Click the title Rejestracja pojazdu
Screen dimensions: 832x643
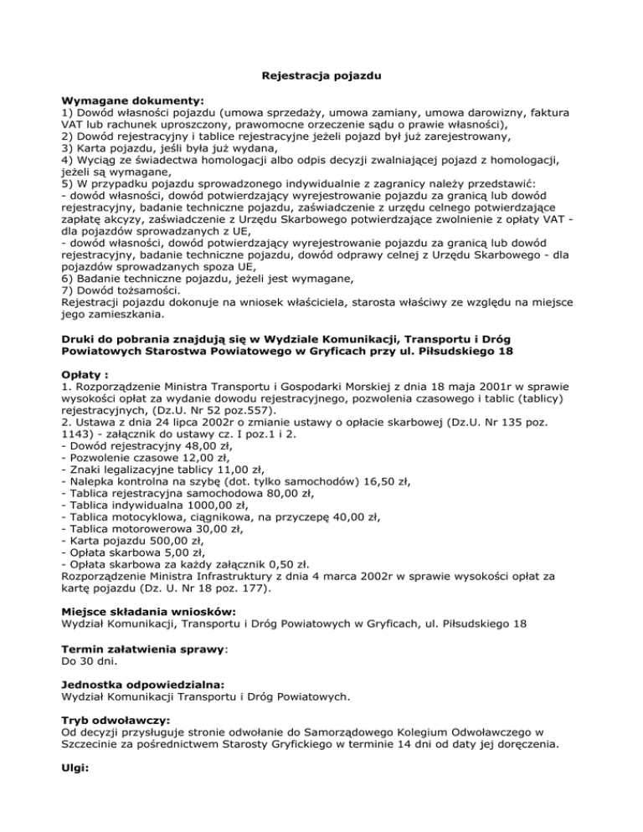(321, 76)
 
